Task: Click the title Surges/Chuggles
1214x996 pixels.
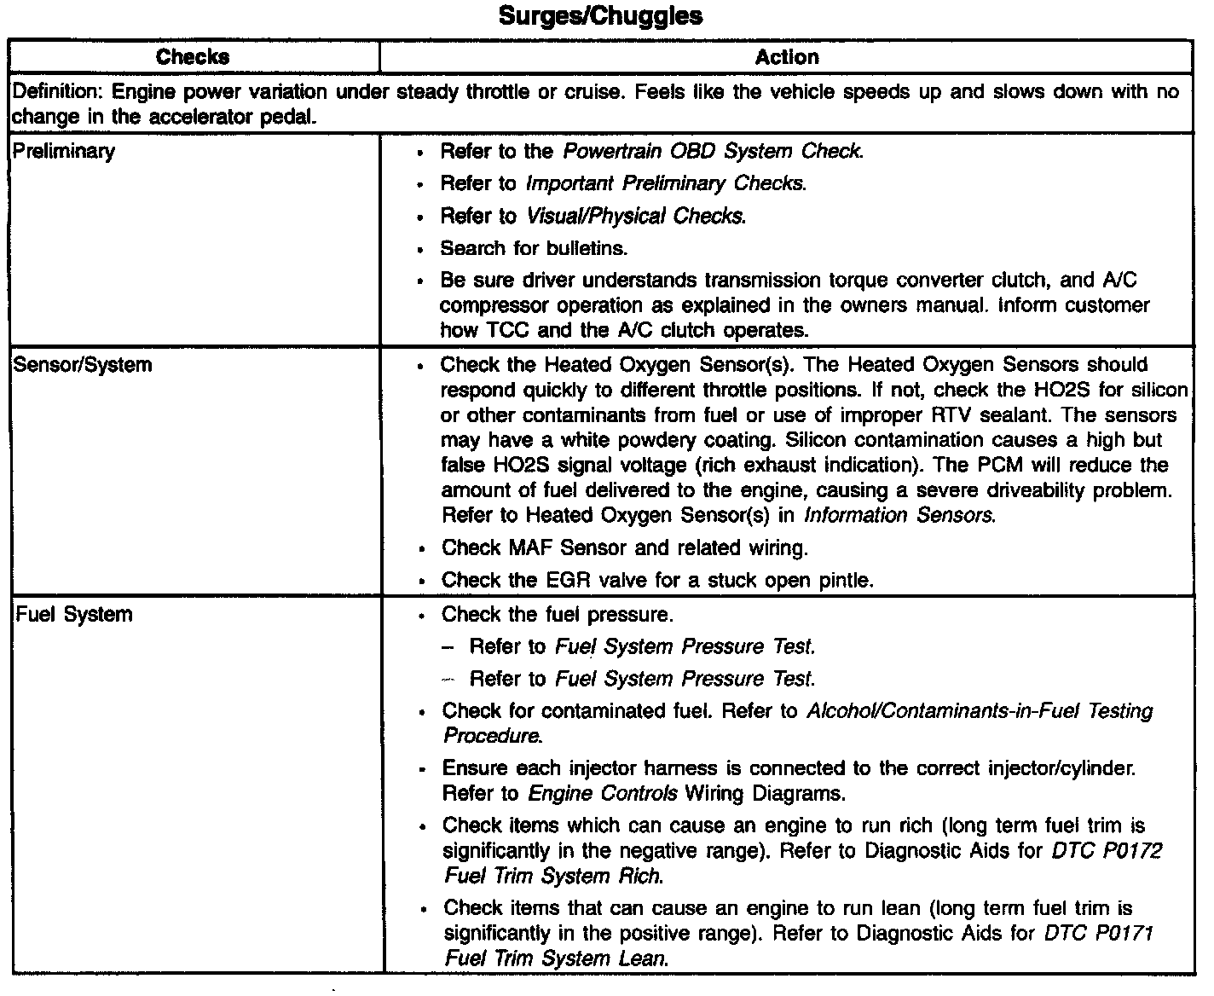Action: [x=600, y=15]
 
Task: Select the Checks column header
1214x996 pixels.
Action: [x=193, y=57]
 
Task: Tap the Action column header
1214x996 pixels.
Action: [x=786, y=57]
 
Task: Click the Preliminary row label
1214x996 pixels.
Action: [x=65, y=152]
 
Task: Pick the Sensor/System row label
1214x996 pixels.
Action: [x=84, y=365]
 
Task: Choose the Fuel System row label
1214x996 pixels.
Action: [x=74, y=614]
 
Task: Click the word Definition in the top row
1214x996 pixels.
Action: [x=56, y=92]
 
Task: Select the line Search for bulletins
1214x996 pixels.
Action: [x=534, y=248]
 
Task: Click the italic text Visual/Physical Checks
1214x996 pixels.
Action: [x=636, y=216]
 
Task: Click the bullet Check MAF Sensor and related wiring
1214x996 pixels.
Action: [x=624, y=547]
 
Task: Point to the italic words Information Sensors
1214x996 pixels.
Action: [x=899, y=515]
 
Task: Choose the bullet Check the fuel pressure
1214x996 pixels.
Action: [x=558, y=614]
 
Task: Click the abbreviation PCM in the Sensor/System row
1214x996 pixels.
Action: [x=1011, y=466]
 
